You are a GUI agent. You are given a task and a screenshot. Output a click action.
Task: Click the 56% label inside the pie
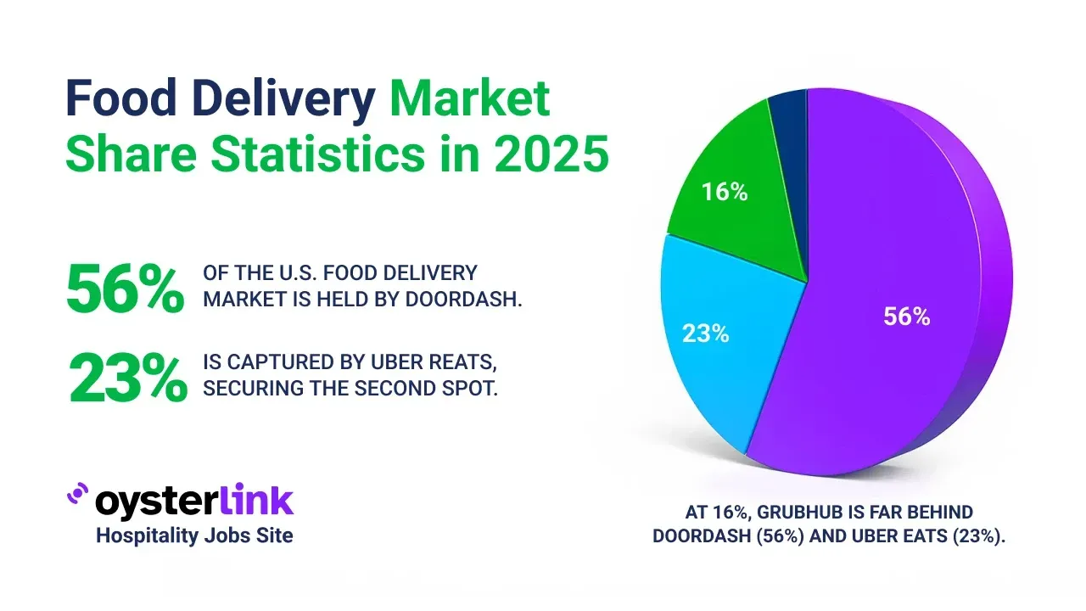906,317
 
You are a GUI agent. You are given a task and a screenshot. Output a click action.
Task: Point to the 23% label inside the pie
706,334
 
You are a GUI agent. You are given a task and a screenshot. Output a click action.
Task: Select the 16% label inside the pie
725,193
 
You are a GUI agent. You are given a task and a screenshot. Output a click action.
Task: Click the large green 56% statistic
125,289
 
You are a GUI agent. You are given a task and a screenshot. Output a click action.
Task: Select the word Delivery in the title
291,100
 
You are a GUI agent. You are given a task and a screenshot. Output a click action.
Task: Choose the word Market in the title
470,100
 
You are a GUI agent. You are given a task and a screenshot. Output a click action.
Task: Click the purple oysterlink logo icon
77,495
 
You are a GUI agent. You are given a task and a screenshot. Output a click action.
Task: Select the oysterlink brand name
194,502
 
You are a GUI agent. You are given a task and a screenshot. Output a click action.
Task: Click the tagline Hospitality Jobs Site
194,535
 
